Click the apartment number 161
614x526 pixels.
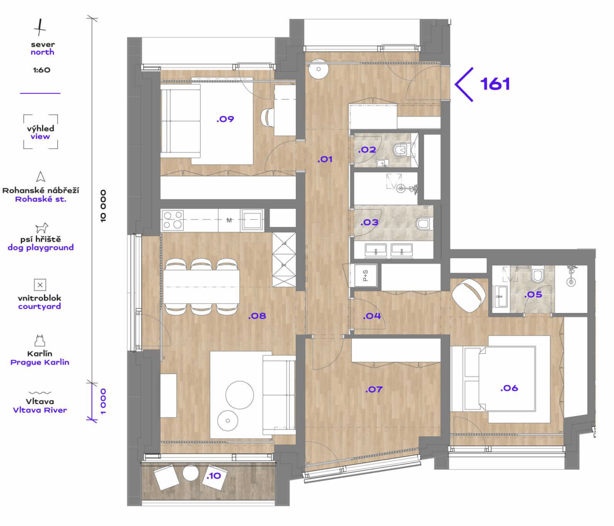[495, 84]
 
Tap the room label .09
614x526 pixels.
[225, 119]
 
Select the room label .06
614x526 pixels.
[509, 388]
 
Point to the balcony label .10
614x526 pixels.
[214, 476]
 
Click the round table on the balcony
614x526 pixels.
[190, 473]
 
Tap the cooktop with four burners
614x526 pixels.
[172, 220]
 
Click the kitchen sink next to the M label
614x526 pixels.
[252, 220]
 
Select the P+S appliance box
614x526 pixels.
[366, 276]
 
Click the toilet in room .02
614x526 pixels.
[402, 150]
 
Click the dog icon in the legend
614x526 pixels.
[41, 228]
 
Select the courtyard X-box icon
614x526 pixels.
[40, 285]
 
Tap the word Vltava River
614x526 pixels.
[40, 410]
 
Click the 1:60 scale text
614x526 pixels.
[41, 70]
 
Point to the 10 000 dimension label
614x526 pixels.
[103, 206]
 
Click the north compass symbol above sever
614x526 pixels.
[40, 28]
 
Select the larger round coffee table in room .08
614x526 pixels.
[239, 395]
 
